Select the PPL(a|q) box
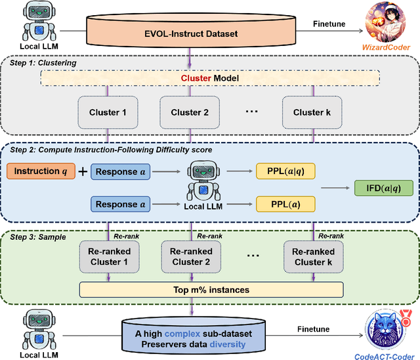pos(284,171)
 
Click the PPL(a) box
pos(284,204)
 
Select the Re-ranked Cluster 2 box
pos(191,257)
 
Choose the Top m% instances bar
pos(211,289)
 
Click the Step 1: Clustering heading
pos(47,63)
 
